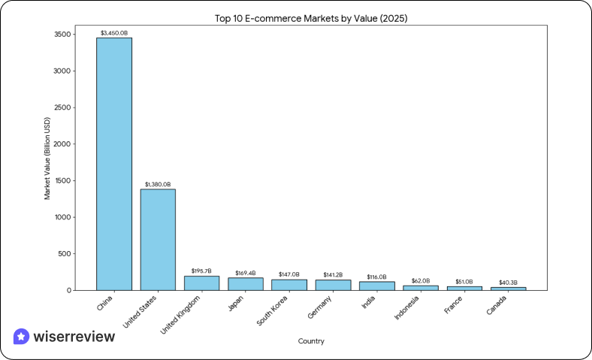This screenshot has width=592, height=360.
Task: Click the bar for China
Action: [x=114, y=164]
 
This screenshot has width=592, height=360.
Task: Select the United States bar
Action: [x=158, y=239]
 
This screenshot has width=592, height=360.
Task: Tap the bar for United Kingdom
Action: [x=201, y=283]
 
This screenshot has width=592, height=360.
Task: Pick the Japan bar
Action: [x=245, y=283]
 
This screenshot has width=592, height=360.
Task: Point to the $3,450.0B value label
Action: [x=114, y=32]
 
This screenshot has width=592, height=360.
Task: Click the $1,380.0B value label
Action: [x=158, y=184]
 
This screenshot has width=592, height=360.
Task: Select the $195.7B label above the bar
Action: [x=201, y=271]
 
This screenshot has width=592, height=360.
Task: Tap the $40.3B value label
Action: [x=508, y=282]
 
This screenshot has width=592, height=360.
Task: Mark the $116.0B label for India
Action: [x=376, y=277]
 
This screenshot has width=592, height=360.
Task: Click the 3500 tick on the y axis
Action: [x=62, y=35]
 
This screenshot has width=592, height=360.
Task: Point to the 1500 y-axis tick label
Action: [x=62, y=180]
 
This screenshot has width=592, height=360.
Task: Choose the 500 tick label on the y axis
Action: [x=65, y=253]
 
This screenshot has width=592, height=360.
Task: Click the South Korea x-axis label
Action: [x=272, y=310]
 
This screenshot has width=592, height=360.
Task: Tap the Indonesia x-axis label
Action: [x=407, y=307]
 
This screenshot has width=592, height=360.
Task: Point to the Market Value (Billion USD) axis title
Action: [x=47, y=158]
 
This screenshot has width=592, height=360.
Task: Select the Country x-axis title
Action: [x=311, y=341]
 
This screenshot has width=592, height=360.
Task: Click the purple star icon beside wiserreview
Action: [x=22, y=337]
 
